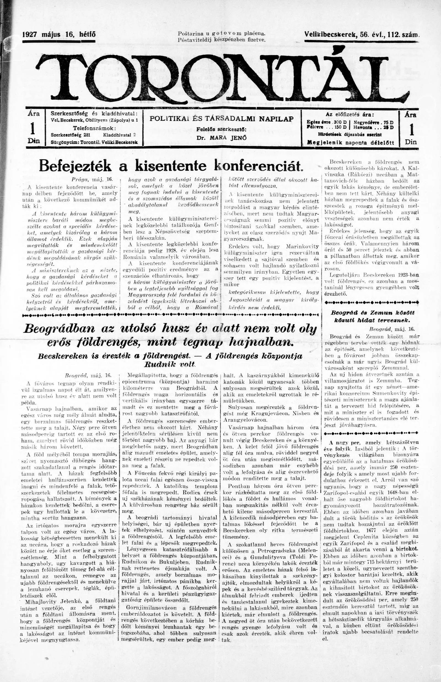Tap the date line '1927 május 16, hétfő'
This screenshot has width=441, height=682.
[59, 35]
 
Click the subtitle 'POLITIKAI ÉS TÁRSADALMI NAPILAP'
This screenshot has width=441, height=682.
[222, 119]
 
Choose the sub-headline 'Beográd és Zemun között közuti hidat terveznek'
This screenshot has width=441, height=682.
[372, 316]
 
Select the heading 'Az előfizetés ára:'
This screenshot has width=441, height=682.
[350, 114]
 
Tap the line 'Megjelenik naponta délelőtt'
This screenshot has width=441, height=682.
[350, 142]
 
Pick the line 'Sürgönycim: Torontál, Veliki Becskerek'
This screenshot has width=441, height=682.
[94, 142]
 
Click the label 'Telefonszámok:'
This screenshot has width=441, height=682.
[94, 127]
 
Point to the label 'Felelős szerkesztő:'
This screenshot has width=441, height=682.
[221, 129]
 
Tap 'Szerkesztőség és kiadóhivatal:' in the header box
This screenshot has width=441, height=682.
[94, 113]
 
